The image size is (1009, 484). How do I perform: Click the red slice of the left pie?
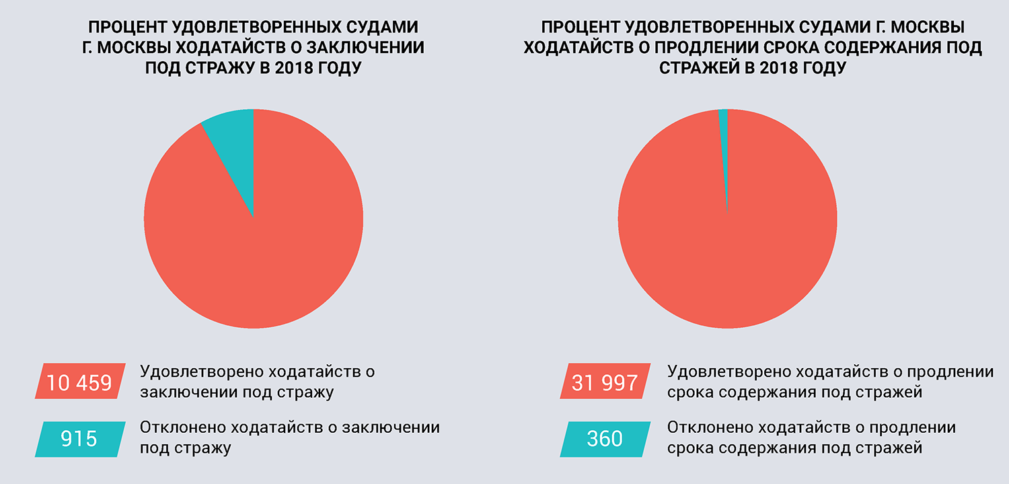tap(254, 256)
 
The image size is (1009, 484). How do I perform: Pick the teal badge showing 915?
tap(79, 439)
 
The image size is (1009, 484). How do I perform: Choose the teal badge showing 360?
tap(605, 439)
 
